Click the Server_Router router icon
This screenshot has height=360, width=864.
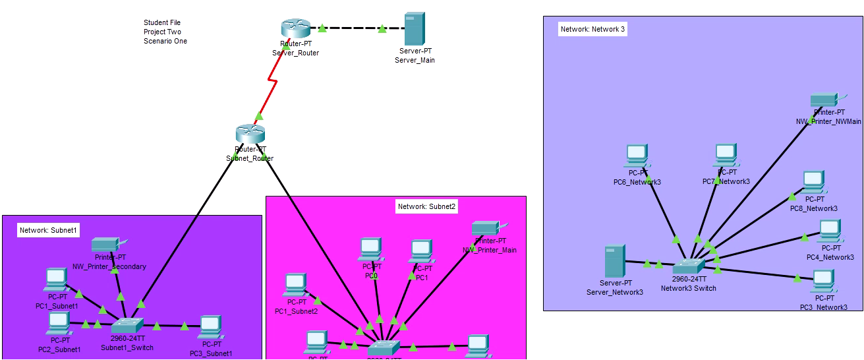coord(295,29)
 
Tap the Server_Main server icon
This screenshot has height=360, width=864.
coord(414,28)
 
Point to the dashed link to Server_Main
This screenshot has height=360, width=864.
coord(353,28)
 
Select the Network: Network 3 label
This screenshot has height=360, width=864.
coord(590,30)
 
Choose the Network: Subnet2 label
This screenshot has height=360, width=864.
coord(427,206)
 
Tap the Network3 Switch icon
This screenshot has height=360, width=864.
coord(689,266)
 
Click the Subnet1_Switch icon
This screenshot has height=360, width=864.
coord(127,326)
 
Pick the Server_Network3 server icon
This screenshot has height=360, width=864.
coord(614,261)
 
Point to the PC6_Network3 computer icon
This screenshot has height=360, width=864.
coord(636,155)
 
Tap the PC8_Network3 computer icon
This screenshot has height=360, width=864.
coord(813,181)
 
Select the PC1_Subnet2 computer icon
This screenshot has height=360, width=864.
coord(295,285)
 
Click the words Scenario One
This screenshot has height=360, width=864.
coord(165,41)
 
